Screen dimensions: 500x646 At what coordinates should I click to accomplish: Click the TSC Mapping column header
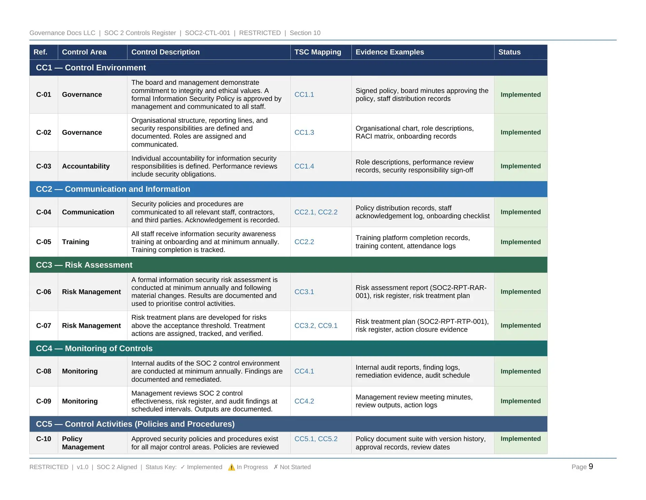318,52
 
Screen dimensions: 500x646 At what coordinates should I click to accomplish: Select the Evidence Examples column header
390,52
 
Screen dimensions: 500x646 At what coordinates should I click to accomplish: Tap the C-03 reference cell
44,166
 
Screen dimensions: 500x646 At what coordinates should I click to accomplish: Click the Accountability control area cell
86,166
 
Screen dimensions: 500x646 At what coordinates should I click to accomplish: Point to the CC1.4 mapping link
304,166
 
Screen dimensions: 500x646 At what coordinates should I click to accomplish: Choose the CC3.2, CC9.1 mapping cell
316,325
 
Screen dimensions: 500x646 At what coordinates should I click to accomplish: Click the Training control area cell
76,242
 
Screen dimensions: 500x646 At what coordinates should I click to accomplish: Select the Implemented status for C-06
521,292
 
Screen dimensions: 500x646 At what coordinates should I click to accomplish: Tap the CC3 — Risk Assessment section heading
84,265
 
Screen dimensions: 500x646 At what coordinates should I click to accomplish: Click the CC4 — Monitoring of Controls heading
94,348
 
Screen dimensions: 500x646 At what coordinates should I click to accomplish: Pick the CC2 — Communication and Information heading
113,189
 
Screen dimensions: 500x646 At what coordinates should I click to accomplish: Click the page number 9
591,467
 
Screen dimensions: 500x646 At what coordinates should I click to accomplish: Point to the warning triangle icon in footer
231,467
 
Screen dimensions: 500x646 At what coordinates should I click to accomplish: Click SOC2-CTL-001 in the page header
208,33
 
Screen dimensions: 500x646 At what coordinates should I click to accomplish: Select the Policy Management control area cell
83,443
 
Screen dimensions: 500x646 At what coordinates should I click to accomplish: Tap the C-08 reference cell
44,371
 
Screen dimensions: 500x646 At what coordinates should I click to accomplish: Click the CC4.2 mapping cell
304,401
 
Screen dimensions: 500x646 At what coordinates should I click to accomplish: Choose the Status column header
509,52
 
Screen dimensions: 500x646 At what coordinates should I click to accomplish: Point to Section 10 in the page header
305,33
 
